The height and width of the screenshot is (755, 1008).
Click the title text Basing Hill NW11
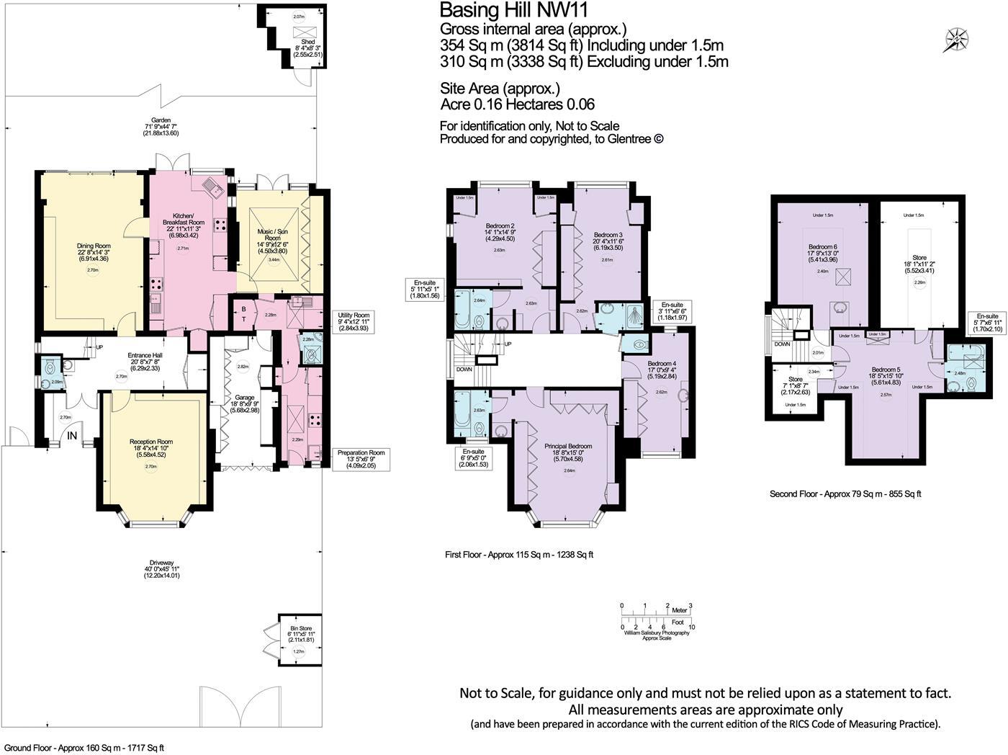click(x=518, y=10)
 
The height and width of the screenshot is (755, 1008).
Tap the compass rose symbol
click(x=957, y=40)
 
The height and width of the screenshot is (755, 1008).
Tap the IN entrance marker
click(x=72, y=436)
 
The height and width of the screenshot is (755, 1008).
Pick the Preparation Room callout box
click(x=361, y=459)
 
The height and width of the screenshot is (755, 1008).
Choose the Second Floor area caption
click(x=845, y=494)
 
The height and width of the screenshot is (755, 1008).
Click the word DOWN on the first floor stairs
click(x=465, y=369)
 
